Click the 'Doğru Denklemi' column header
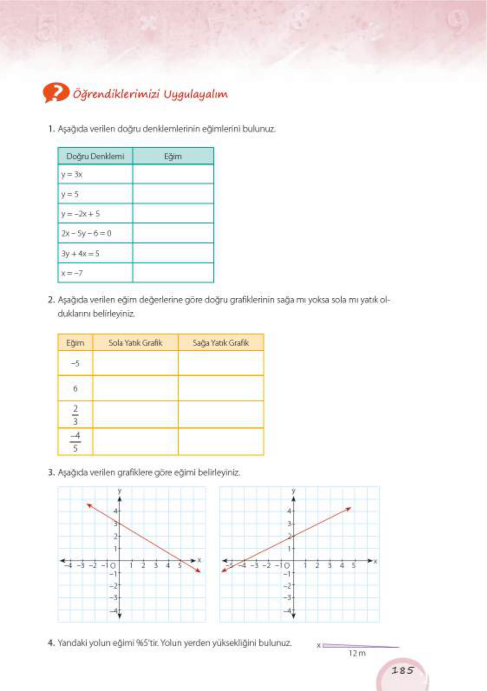pyautogui.click(x=95, y=156)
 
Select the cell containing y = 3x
pyautogui.click(x=72, y=174)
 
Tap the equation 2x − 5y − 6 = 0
pyautogui.click(x=86, y=233)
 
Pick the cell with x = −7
pyautogui.click(x=72, y=273)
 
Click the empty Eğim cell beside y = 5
pyautogui.click(x=173, y=194)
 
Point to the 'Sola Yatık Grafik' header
pyautogui.click(x=135, y=342)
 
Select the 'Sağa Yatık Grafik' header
pyautogui.click(x=221, y=342)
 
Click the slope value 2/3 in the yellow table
pyautogui.click(x=75, y=414)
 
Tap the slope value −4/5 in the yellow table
pyautogui.click(x=75, y=441)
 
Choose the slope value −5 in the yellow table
pyautogui.click(x=75, y=363)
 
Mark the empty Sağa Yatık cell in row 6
pyautogui.click(x=221, y=388)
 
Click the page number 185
pyautogui.click(x=402, y=670)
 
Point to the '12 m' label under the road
pyautogui.click(x=357, y=653)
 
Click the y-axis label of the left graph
pyautogui.click(x=120, y=490)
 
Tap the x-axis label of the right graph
pyautogui.click(x=375, y=561)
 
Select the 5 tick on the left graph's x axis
pyautogui.click(x=180, y=565)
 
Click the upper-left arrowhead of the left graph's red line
pyautogui.click(x=88, y=505)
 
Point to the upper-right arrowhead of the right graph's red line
pyautogui.click(x=349, y=508)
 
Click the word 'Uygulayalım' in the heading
pyautogui.click(x=195, y=94)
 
